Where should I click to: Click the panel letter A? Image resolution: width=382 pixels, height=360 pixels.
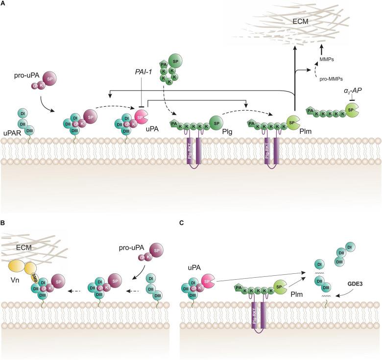(x=3, y=4)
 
